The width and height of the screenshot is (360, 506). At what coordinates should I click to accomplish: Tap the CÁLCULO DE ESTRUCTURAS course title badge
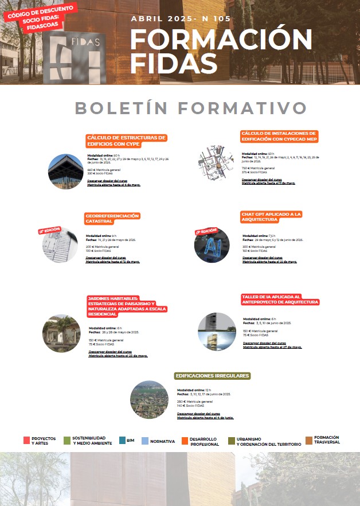click(x=126, y=141)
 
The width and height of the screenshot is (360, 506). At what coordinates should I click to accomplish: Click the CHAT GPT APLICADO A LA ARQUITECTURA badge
click(x=271, y=217)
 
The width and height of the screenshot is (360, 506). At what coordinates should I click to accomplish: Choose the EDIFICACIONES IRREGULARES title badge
click(x=212, y=376)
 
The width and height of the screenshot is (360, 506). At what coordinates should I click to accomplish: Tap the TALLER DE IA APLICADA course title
click(x=280, y=298)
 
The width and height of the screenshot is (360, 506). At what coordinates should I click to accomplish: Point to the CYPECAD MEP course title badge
click(x=279, y=136)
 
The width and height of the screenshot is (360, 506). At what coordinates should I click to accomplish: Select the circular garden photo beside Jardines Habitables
click(x=62, y=333)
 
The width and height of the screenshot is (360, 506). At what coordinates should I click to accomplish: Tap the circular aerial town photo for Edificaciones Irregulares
click(x=150, y=400)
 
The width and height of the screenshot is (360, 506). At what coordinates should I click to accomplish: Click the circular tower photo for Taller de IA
click(x=217, y=332)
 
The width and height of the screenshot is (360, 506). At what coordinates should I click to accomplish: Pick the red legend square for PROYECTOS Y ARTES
click(x=26, y=440)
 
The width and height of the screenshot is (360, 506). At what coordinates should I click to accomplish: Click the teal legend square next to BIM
click(x=123, y=440)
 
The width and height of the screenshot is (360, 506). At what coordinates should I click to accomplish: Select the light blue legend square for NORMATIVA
click(x=145, y=441)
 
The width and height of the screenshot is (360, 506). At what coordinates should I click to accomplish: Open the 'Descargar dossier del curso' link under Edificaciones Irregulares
click(x=198, y=413)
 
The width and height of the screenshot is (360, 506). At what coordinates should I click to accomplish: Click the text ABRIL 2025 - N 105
click(x=181, y=18)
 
